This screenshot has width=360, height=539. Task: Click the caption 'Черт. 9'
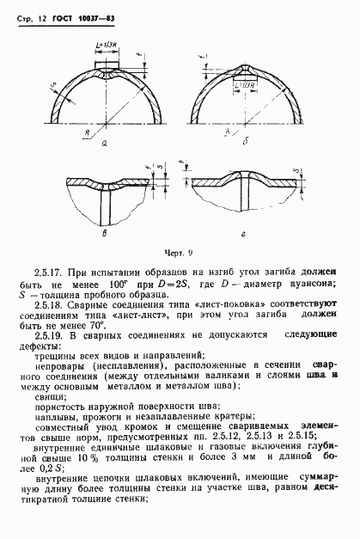(177, 252)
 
